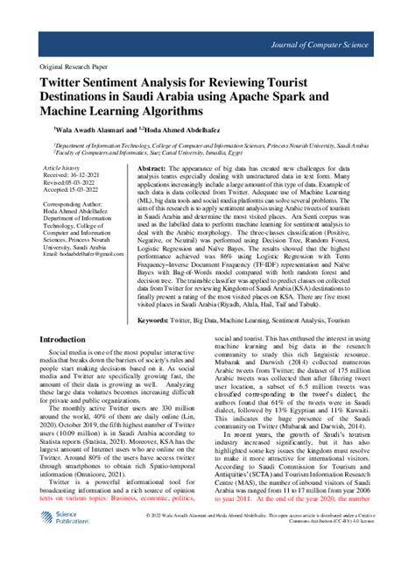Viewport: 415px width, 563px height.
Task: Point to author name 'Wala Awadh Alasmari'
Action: tap(83, 130)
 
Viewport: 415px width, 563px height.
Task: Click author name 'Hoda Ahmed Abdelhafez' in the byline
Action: tap(181, 130)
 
